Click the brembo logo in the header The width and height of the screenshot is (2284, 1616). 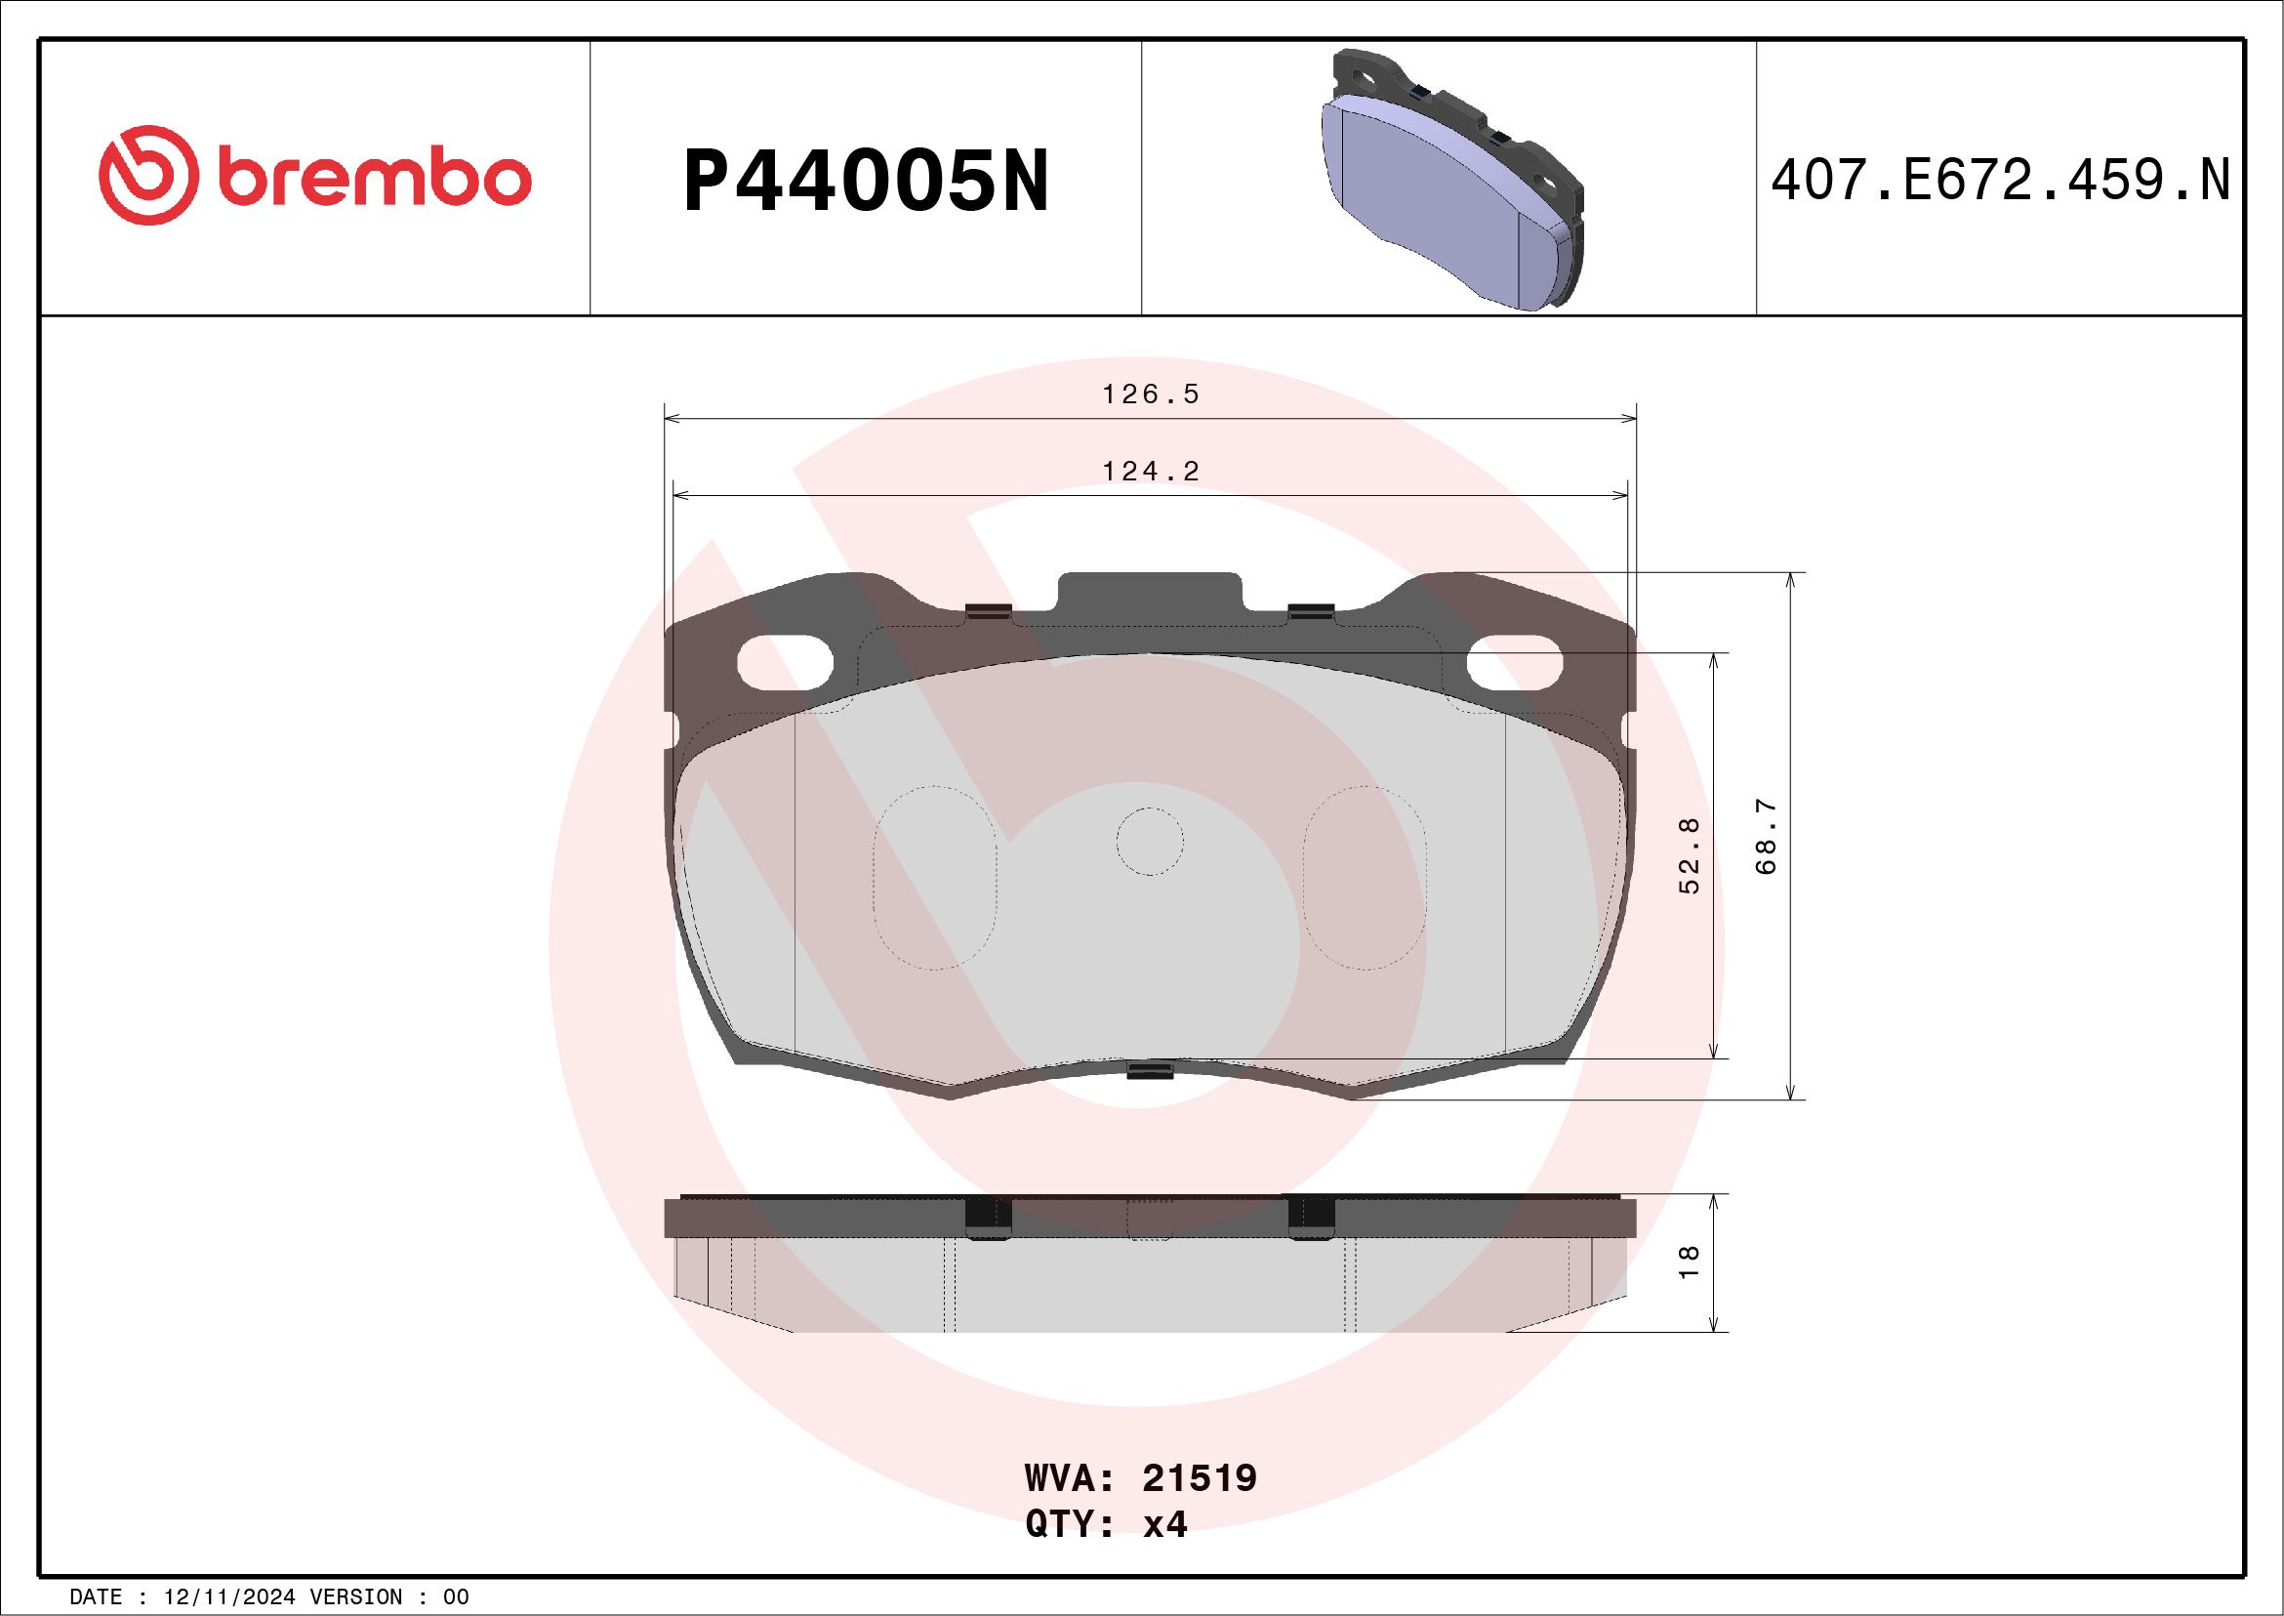click(x=314, y=176)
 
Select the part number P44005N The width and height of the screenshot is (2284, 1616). click(x=866, y=181)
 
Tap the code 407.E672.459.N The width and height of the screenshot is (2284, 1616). click(x=2000, y=181)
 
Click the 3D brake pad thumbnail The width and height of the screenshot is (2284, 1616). click(x=1455, y=179)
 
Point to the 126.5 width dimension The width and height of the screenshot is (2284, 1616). click(x=1150, y=395)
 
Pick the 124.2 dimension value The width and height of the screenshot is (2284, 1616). click(x=1150, y=471)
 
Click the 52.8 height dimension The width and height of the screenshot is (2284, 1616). click(x=1691, y=855)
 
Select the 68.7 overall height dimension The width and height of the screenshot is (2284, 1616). click(x=1766, y=836)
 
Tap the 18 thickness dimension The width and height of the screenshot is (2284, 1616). click(x=1691, y=1263)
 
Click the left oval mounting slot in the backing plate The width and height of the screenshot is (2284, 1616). click(x=784, y=663)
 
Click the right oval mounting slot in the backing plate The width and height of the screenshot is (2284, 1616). click(x=1515, y=663)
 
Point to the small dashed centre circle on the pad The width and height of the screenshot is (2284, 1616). click(x=1150, y=842)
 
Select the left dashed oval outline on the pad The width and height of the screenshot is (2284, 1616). click(x=934, y=878)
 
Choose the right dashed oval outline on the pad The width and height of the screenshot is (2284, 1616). click(x=1365, y=878)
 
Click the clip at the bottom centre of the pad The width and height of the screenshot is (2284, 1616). click(x=1151, y=1071)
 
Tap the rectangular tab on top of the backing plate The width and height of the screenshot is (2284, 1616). click(x=1150, y=594)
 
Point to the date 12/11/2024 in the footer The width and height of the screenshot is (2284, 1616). click(x=228, y=1597)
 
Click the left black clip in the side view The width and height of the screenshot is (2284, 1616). click(x=988, y=1218)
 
